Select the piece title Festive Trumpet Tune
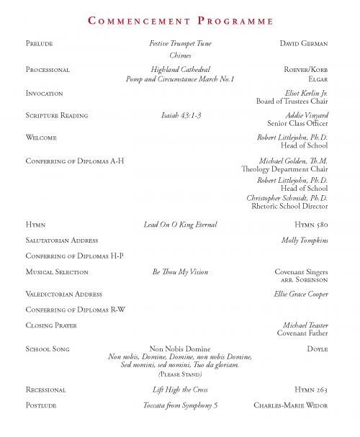[180, 44]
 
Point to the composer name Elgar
[318, 78]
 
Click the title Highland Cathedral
[180, 70]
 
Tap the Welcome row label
[41, 138]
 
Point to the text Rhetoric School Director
[289, 206]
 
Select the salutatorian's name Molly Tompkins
[305, 240]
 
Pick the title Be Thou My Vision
[180, 272]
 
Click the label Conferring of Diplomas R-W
[76, 310]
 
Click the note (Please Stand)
[180, 374]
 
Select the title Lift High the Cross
[180, 389]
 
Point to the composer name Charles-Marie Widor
[291, 405]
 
